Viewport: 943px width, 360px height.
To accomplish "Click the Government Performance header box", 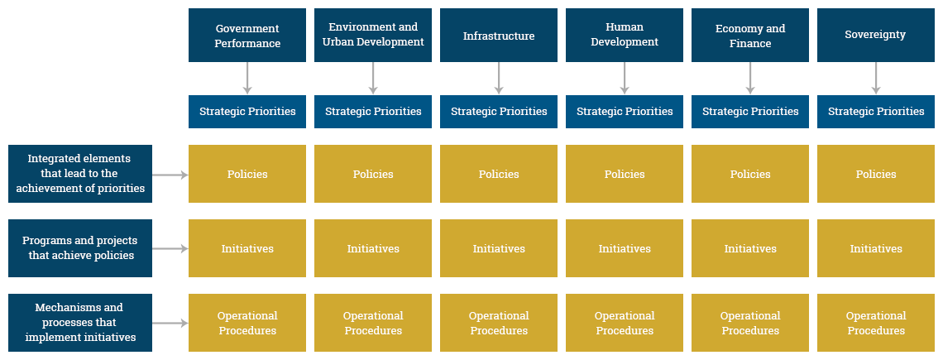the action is (x=247, y=36).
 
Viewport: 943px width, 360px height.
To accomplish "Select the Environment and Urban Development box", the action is (x=373, y=36).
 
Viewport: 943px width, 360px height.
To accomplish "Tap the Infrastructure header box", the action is (x=499, y=36).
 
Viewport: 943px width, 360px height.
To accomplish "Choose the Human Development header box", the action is (x=625, y=36).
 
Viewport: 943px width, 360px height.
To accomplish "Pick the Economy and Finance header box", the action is (x=750, y=36).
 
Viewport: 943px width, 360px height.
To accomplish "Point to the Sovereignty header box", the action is (x=876, y=36).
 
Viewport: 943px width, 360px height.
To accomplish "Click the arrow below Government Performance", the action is (x=247, y=79).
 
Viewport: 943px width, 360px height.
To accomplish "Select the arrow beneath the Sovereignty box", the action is (x=876, y=79).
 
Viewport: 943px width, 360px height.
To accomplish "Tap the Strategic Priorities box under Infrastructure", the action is (x=499, y=112).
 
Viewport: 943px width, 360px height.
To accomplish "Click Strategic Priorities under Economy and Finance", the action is (x=750, y=112).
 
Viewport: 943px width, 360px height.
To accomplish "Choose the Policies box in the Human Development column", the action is (x=625, y=174).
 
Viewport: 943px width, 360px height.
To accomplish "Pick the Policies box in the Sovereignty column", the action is (x=876, y=174).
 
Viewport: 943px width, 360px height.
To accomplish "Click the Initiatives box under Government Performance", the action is (x=247, y=248).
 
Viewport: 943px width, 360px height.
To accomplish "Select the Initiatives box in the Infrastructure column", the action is (x=499, y=248).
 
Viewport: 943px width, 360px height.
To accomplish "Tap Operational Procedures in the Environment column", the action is (x=373, y=323).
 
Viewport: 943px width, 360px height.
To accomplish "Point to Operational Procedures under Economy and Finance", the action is (x=750, y=323).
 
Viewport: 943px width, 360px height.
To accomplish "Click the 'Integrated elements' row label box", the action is (x=80, y=174).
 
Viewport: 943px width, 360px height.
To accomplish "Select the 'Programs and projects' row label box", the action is (x=80, y=248).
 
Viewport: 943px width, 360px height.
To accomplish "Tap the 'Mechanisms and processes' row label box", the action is (x=80, y=323).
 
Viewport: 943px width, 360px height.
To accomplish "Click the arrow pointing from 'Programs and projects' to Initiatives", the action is (x=170, y=248).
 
